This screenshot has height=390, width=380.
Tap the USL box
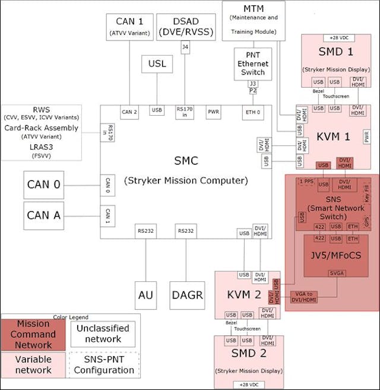(157, 64)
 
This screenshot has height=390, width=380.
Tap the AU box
(145, 294)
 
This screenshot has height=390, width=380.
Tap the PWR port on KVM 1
(366, 137)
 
